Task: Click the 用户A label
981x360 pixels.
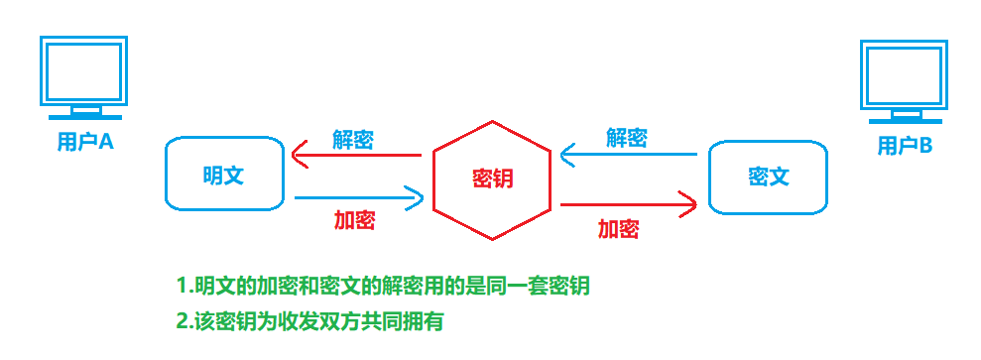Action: click(85, 142)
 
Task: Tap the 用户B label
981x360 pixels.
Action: click(905, 147)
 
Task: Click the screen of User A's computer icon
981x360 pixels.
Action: click(83, 69)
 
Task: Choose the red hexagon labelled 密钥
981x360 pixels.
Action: click(494, 180)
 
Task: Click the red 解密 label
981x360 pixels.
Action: click(352, 140)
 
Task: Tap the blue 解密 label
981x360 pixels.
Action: click(627, 138)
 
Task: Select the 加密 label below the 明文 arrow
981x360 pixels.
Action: click(354, 220)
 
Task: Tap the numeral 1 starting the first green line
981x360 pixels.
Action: click(182, 287)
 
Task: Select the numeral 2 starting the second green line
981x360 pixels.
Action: click(183, 321)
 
